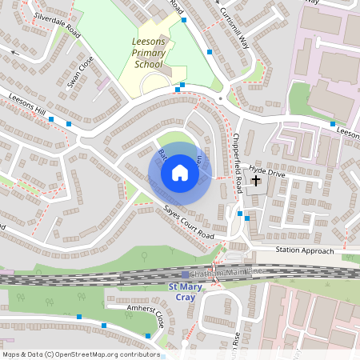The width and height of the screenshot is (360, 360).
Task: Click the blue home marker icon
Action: point(179,173)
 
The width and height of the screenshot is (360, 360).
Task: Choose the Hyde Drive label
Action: point(267,171)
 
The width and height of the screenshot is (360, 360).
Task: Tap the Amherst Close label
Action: point(134,314)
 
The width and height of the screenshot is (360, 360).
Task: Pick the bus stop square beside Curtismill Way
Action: point(210,51)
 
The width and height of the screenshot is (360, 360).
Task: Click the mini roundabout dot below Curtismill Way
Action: point(220,100)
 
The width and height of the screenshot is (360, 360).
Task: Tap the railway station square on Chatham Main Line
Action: point(185,274)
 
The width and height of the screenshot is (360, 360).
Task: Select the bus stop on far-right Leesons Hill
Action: point(333,123)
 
